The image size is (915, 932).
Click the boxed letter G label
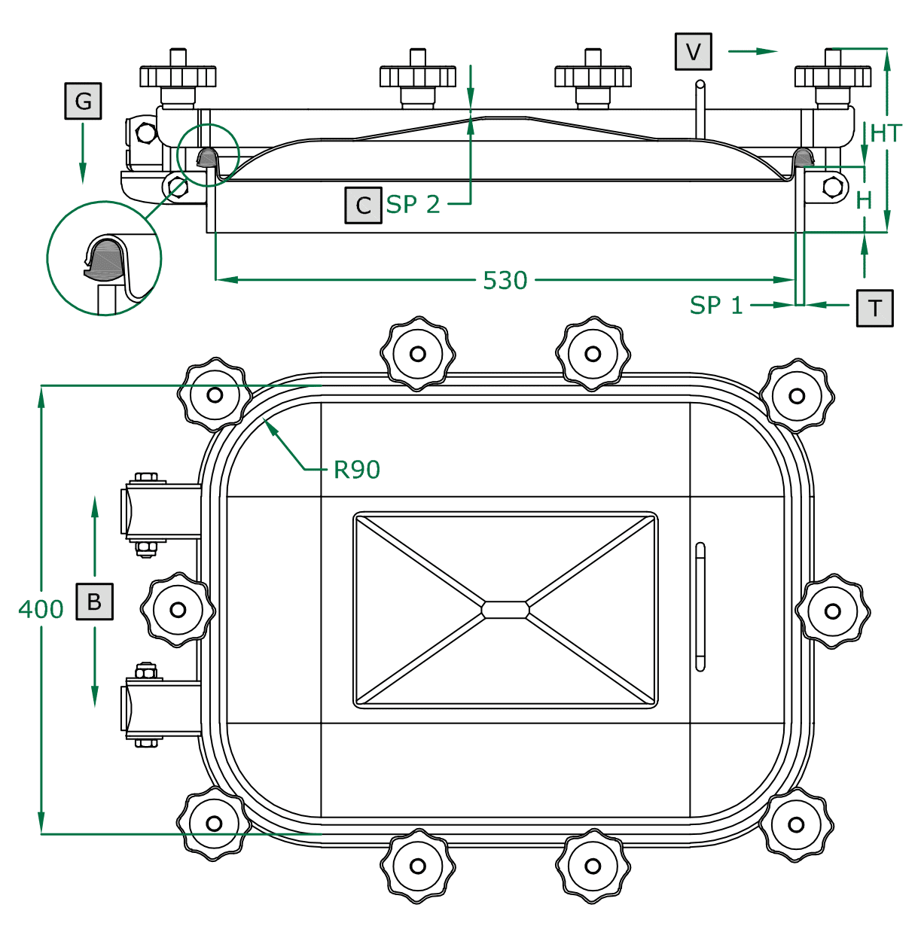(x=83, y=101)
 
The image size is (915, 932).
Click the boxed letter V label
(x=693, y=52)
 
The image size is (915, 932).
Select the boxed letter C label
(x=363, y=205)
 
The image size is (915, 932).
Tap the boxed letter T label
(x=874, y=308)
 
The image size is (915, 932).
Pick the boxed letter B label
(x=94, y=601)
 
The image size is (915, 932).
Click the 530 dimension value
(x=505, y=280)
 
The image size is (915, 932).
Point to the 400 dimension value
(x=41, y=608)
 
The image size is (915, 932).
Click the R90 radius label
(x=356, y=470)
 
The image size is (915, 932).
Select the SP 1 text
(x=715, y=305)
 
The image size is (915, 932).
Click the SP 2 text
(x=413, y=204)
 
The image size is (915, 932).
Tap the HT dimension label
(x=885, y=133)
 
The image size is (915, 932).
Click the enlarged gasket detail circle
(x=104, y=258)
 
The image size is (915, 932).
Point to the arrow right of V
(x=752, y=51)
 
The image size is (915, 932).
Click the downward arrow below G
(x=83, y=154)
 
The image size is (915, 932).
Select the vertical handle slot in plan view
(x=700, y=607)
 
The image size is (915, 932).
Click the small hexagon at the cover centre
(x=505, y=609)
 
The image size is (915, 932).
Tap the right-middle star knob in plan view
(x=832, y=611)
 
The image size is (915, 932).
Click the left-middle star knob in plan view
(x=178, y=610)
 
